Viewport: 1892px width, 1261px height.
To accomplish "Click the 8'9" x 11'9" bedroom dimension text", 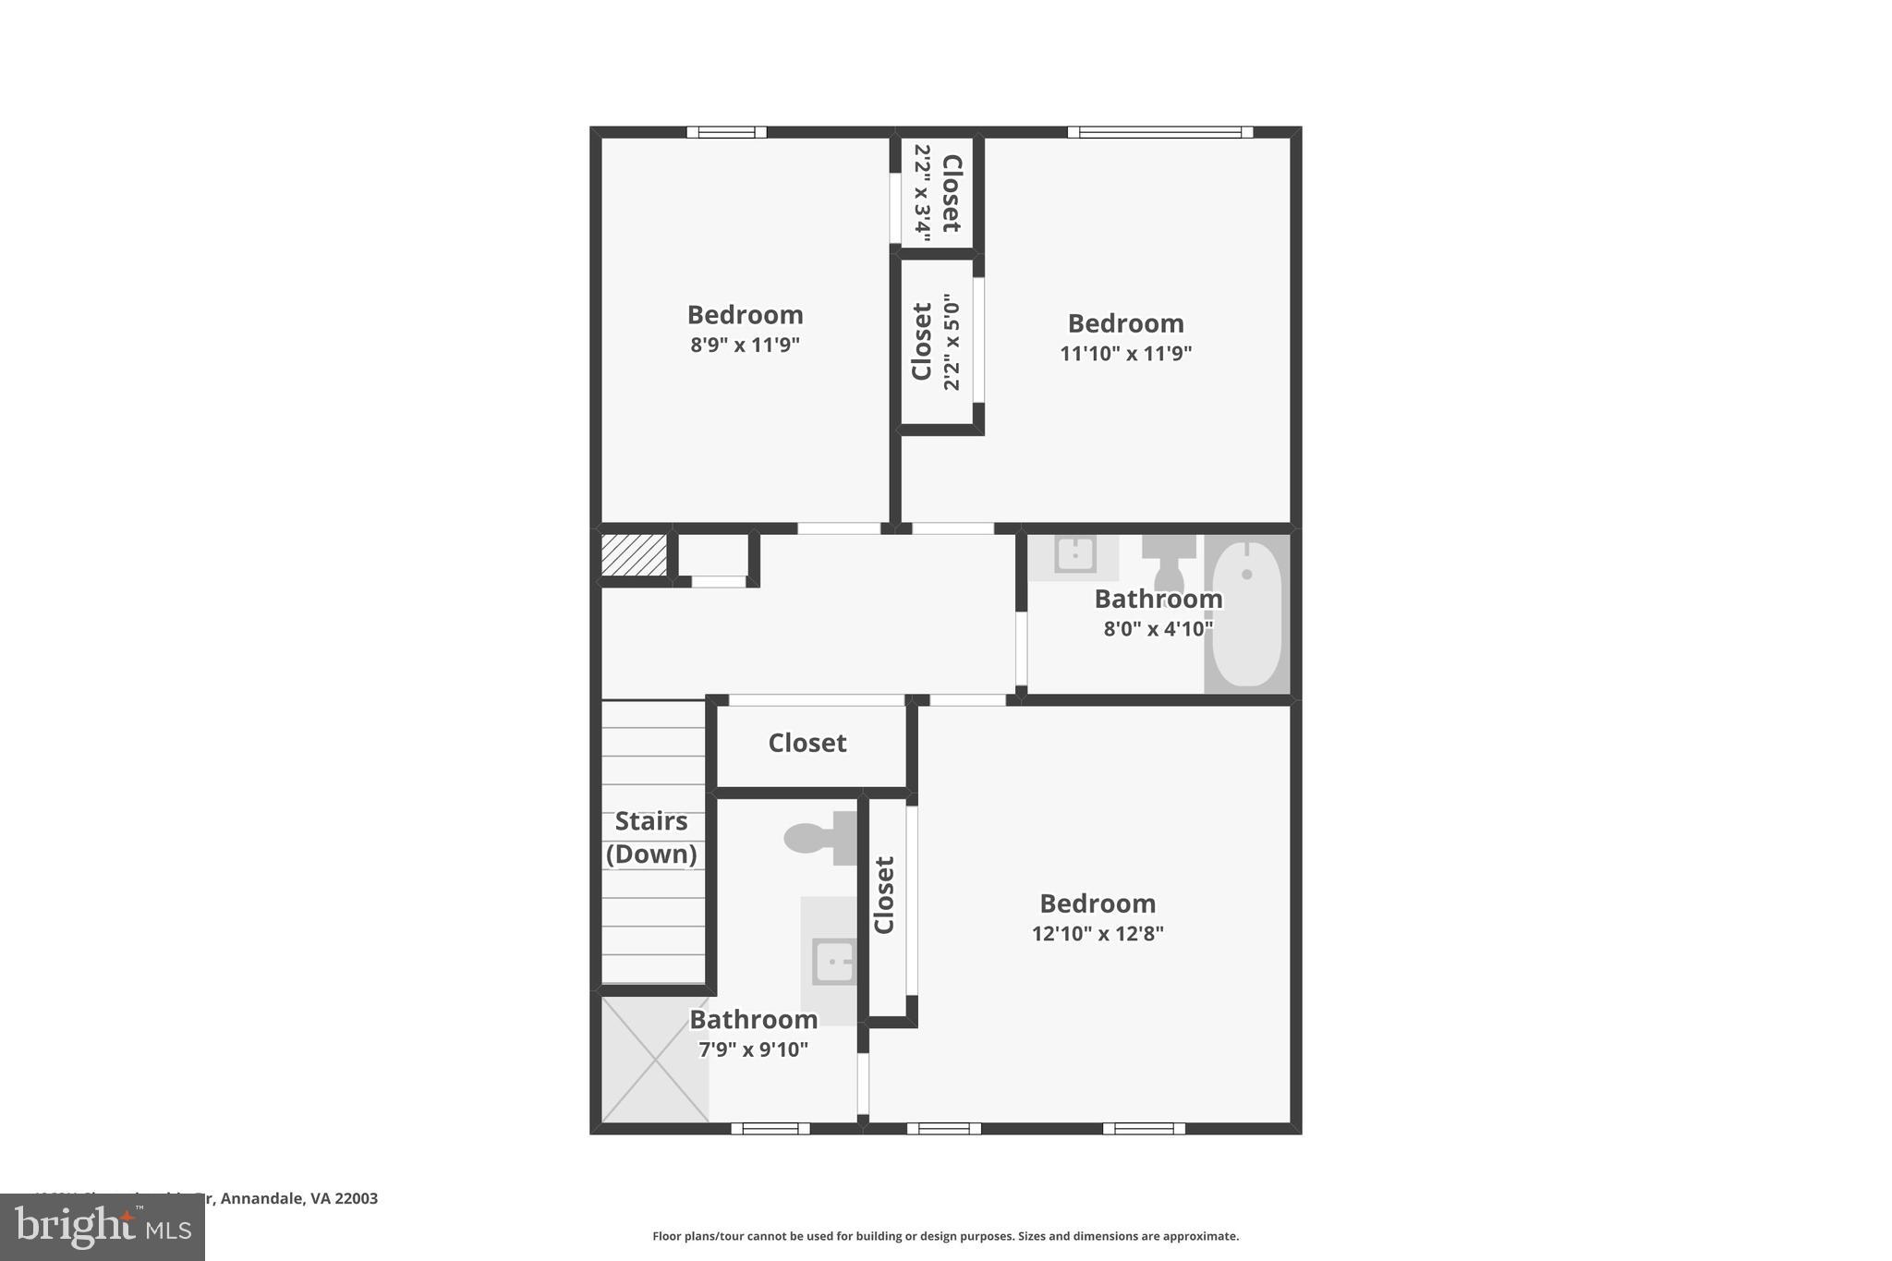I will click(745, 346).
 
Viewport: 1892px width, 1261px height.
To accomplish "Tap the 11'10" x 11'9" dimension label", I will click(1125, 353).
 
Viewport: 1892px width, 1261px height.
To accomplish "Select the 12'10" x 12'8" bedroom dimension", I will click(1098, 933).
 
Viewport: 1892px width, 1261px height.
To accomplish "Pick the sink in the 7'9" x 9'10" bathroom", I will click(833, 962).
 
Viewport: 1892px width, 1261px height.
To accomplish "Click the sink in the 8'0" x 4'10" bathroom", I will click(1075, 555).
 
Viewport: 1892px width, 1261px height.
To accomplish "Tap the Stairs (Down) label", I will click(651, 837).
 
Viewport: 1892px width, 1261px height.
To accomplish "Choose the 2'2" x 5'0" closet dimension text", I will click(952, 342).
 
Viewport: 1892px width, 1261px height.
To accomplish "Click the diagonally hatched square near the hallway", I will click(634, 555).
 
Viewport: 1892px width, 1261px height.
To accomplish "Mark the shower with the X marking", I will click(655, 1060).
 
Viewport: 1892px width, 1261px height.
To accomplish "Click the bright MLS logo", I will click(103, 1227).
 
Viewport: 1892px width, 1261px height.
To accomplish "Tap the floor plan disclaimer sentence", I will click(945, 1236).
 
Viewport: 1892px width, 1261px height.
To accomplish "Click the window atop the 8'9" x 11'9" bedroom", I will click(727, 132).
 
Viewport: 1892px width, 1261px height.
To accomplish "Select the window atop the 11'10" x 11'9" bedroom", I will click(1160, 132).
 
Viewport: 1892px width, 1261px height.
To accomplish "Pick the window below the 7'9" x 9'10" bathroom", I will click(770, 1128).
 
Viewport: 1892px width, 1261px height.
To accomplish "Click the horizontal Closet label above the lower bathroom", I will click(807, 743).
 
